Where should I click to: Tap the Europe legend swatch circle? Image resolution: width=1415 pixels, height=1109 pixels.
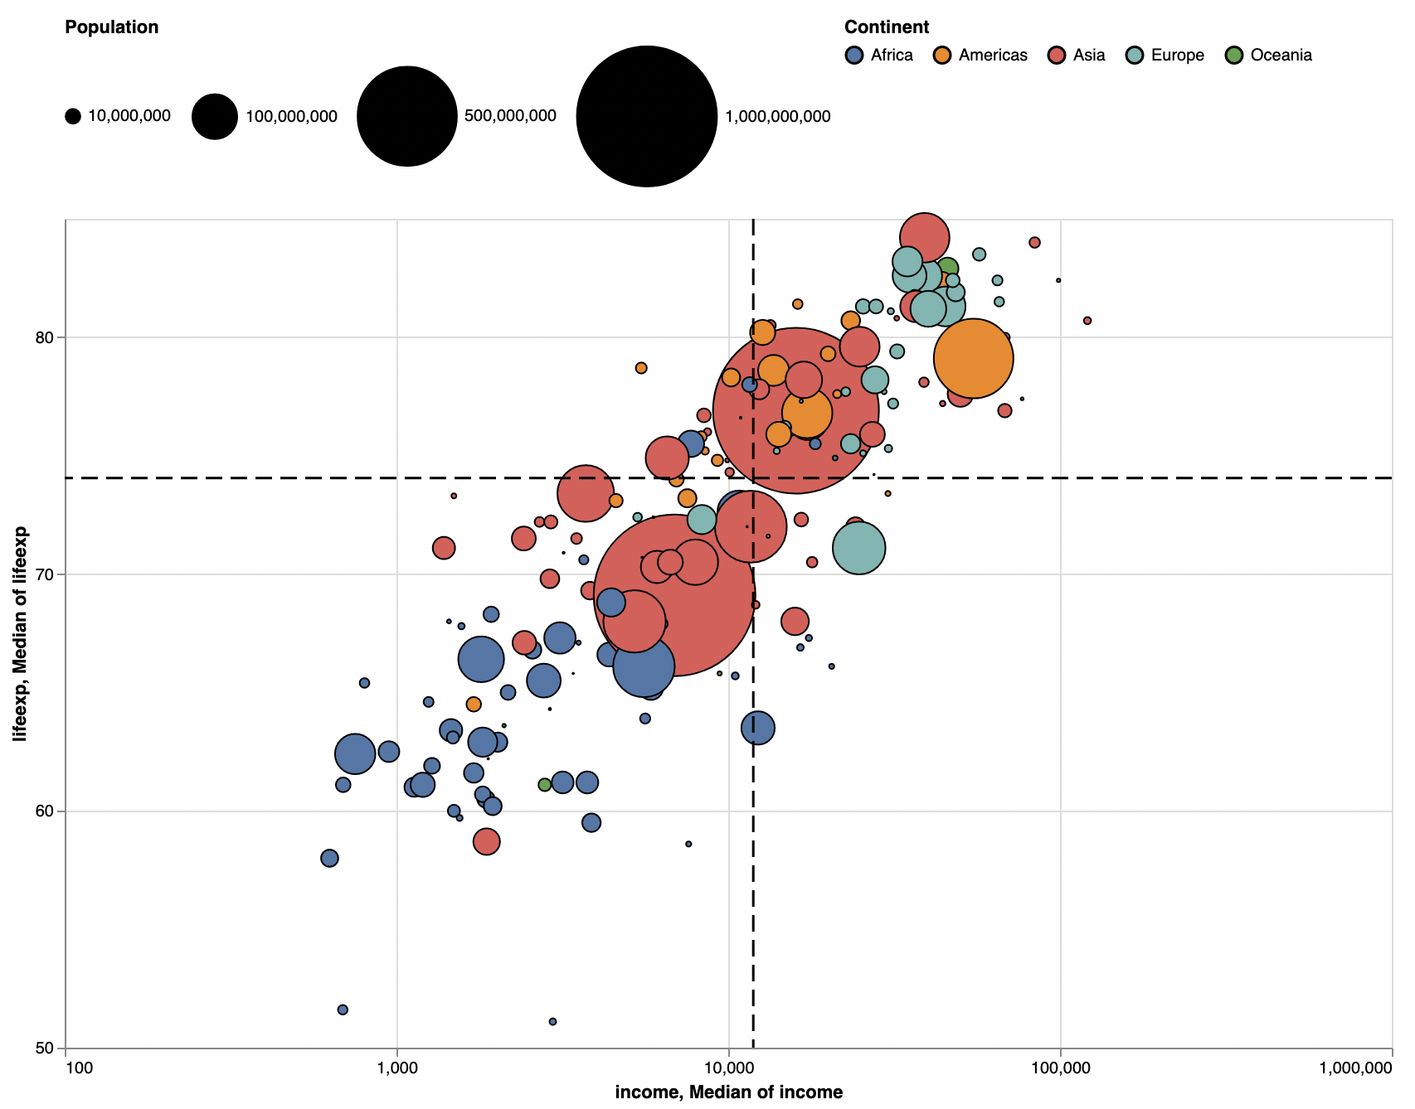click(x=1135, y=56)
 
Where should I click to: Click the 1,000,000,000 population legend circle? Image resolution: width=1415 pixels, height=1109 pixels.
click(x=647, y=116)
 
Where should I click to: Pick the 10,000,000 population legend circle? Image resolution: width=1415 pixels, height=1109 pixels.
click(x=73, y=116)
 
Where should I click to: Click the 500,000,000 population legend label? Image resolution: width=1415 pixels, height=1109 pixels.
click(x=510, y=116)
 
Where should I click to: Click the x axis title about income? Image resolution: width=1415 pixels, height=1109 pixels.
click(x=728, y=1092)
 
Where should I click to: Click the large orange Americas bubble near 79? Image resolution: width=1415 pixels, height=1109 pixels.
click(x=973, y=358)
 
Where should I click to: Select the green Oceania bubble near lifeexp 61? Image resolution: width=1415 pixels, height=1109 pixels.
click(x=545, y=784)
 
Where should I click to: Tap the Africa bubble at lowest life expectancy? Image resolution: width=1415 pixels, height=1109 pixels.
click(x=552, y=1021)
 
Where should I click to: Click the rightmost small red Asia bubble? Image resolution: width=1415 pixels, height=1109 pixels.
click(x=1087, y=321)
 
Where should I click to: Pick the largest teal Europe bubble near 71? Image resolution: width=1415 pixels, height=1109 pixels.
click(x=858, y=548)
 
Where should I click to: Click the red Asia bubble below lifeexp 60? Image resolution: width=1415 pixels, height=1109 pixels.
click(x=487, y=841)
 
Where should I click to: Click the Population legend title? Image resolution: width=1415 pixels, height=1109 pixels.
click(x=111, y=27)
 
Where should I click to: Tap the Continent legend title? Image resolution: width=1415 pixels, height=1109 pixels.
click(x=886, y=27)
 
